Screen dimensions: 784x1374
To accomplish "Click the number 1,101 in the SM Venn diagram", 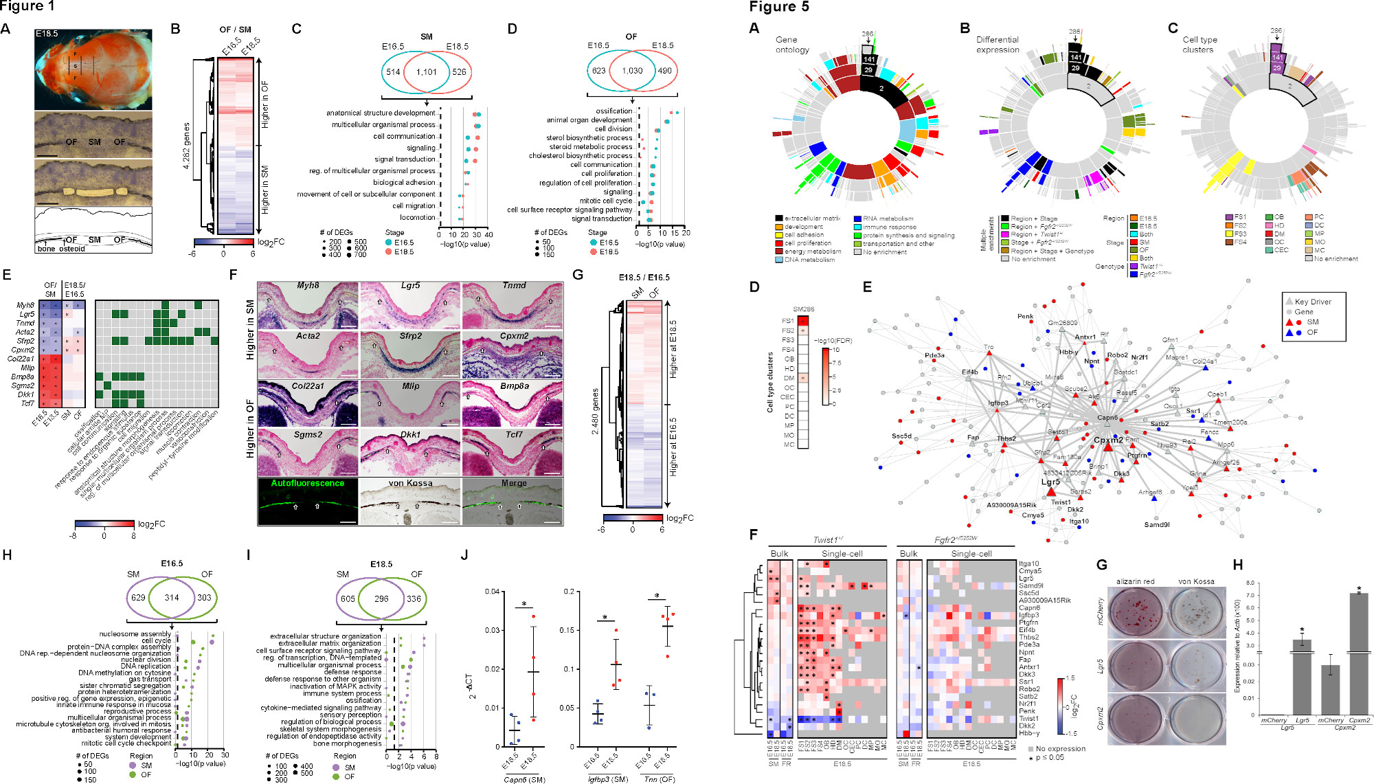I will [427, 72].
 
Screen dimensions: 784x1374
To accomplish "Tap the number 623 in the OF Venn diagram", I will [598, 71].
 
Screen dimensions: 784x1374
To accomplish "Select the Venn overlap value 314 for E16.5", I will [172, 598].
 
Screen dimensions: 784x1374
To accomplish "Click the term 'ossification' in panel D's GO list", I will [613, 111].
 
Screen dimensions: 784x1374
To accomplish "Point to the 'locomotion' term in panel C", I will [418, 217].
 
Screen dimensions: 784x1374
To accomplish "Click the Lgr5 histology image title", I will [410, 286].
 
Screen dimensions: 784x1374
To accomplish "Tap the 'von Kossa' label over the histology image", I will [410, 483].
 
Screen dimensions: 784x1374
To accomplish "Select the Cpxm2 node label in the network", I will [1108, 440].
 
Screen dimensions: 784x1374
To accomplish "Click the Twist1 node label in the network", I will [1061, 502].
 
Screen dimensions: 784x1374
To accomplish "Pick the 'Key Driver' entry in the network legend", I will [1313, 302].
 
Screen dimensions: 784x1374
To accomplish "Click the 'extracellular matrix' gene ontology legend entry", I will [812, 219].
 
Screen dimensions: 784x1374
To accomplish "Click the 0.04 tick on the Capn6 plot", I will [492, 592].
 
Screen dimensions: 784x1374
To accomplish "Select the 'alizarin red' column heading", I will [1136, 581].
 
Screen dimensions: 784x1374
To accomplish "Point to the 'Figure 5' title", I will [779, 7].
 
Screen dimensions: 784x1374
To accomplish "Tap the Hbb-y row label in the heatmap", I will [1029, 733].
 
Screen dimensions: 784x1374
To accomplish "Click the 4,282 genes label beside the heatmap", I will [186, 146].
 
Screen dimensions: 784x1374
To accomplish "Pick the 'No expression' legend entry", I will [1060, 748].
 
